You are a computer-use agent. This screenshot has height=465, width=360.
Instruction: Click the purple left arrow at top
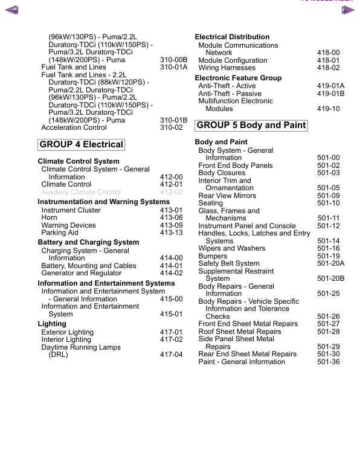click(11, 9)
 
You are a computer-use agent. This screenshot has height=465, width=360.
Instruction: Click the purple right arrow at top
click(348, 9)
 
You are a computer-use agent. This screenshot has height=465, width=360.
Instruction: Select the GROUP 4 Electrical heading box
click(81, 144)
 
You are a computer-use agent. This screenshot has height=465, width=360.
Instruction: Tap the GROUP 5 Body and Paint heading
click(251, 126)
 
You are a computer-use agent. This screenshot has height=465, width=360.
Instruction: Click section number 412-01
click(171, 184)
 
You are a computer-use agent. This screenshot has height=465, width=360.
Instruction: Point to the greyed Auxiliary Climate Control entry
click(81, 192)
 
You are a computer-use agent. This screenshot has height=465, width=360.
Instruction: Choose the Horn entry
click(50, 217)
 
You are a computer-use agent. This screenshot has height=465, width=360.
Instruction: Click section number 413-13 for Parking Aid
click(171, 232)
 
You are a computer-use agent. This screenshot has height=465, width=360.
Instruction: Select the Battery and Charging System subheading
click(88, 242)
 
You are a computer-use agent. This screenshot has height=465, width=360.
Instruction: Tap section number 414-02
click(171, 273)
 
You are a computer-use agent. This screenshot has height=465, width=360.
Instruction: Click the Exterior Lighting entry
click(67, 332)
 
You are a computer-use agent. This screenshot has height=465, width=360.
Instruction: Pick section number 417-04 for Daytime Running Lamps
click(171, 354)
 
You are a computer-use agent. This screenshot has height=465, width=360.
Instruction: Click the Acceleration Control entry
click(74, 127)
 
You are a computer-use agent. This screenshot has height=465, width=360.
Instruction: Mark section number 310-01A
click(173, 67)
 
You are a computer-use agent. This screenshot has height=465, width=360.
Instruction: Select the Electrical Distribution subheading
click(232, 37)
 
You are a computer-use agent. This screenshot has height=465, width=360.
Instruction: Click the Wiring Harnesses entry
click(227, 68)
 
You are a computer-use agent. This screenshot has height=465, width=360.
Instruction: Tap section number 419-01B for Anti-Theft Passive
click(330, 94)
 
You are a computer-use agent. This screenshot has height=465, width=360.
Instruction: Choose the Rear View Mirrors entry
click(227, 196)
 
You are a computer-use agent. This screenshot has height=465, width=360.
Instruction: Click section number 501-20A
click(330, 263)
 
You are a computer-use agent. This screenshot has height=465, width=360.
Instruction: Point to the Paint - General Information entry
click(241, 362)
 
